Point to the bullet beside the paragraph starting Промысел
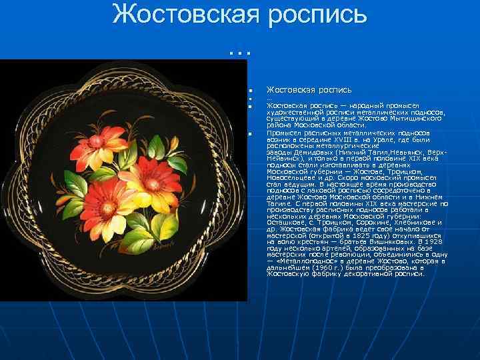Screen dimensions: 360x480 pos(249,135)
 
